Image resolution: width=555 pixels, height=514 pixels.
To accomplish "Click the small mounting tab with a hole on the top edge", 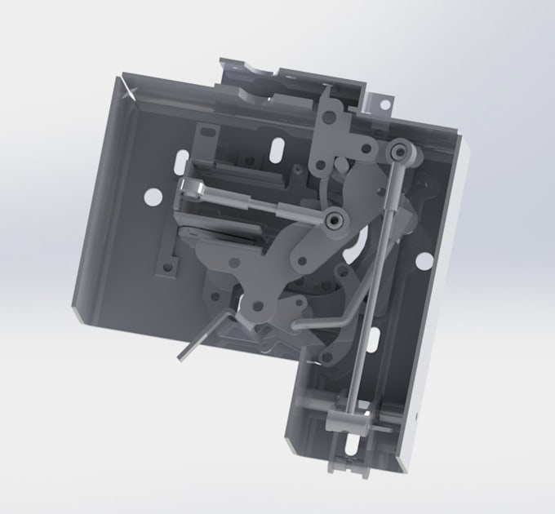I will point(382,102).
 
